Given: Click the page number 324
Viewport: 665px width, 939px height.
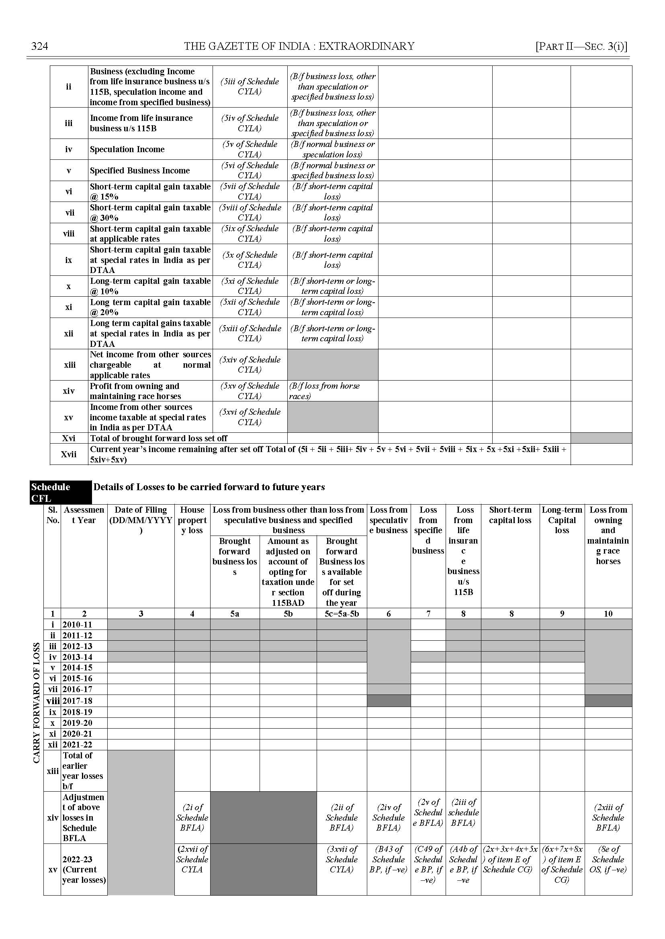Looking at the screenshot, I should click(x=40, y=46).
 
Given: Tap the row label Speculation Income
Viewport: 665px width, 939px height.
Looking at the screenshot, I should click(x=127, y=149).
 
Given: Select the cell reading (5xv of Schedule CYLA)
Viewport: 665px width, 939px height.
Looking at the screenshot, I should click(x=250, y=391).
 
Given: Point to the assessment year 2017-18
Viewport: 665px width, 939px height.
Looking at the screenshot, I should click(x=78, y=701).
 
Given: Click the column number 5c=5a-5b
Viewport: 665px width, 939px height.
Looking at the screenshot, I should click(x=342, y=614).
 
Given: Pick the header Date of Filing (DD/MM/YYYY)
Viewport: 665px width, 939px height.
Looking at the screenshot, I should click(x=141, y=520).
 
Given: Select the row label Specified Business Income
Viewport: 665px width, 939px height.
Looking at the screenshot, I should click(x=140, y=171).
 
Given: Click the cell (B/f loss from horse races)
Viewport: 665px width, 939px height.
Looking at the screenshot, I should click(x=324, y=391).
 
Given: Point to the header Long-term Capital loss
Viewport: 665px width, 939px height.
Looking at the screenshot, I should click(x=562, y=520).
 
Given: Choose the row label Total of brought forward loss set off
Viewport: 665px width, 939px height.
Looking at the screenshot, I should click(x=158, y=438).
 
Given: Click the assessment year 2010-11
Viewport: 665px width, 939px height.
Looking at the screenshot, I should click(x=78, y=625).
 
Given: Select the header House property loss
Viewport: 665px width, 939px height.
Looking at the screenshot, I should click(x=192, y=520).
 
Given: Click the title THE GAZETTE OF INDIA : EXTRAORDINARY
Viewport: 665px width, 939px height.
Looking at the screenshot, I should click(x=299, y=46).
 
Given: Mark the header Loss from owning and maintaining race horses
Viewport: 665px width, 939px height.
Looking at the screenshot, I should click(x=608, y=535).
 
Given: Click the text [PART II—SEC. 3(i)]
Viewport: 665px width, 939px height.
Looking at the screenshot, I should click(x=581, y=46).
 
